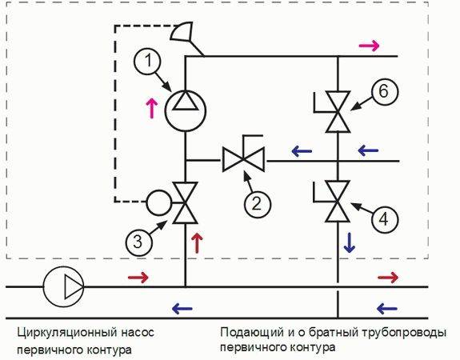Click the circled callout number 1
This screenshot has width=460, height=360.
147,62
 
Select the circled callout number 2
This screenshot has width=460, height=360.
257,203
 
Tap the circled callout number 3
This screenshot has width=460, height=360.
138,242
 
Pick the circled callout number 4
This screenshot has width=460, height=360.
384,219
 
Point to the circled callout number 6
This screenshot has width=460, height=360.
385,91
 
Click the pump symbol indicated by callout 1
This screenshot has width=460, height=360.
185,111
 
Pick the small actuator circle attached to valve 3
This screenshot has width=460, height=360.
158,202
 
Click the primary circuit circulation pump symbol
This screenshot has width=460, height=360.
64,286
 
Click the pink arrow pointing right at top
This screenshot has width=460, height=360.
369,46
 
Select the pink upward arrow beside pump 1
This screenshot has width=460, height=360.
152,108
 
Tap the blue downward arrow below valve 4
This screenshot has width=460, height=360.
350,243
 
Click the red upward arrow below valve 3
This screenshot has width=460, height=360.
197,243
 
